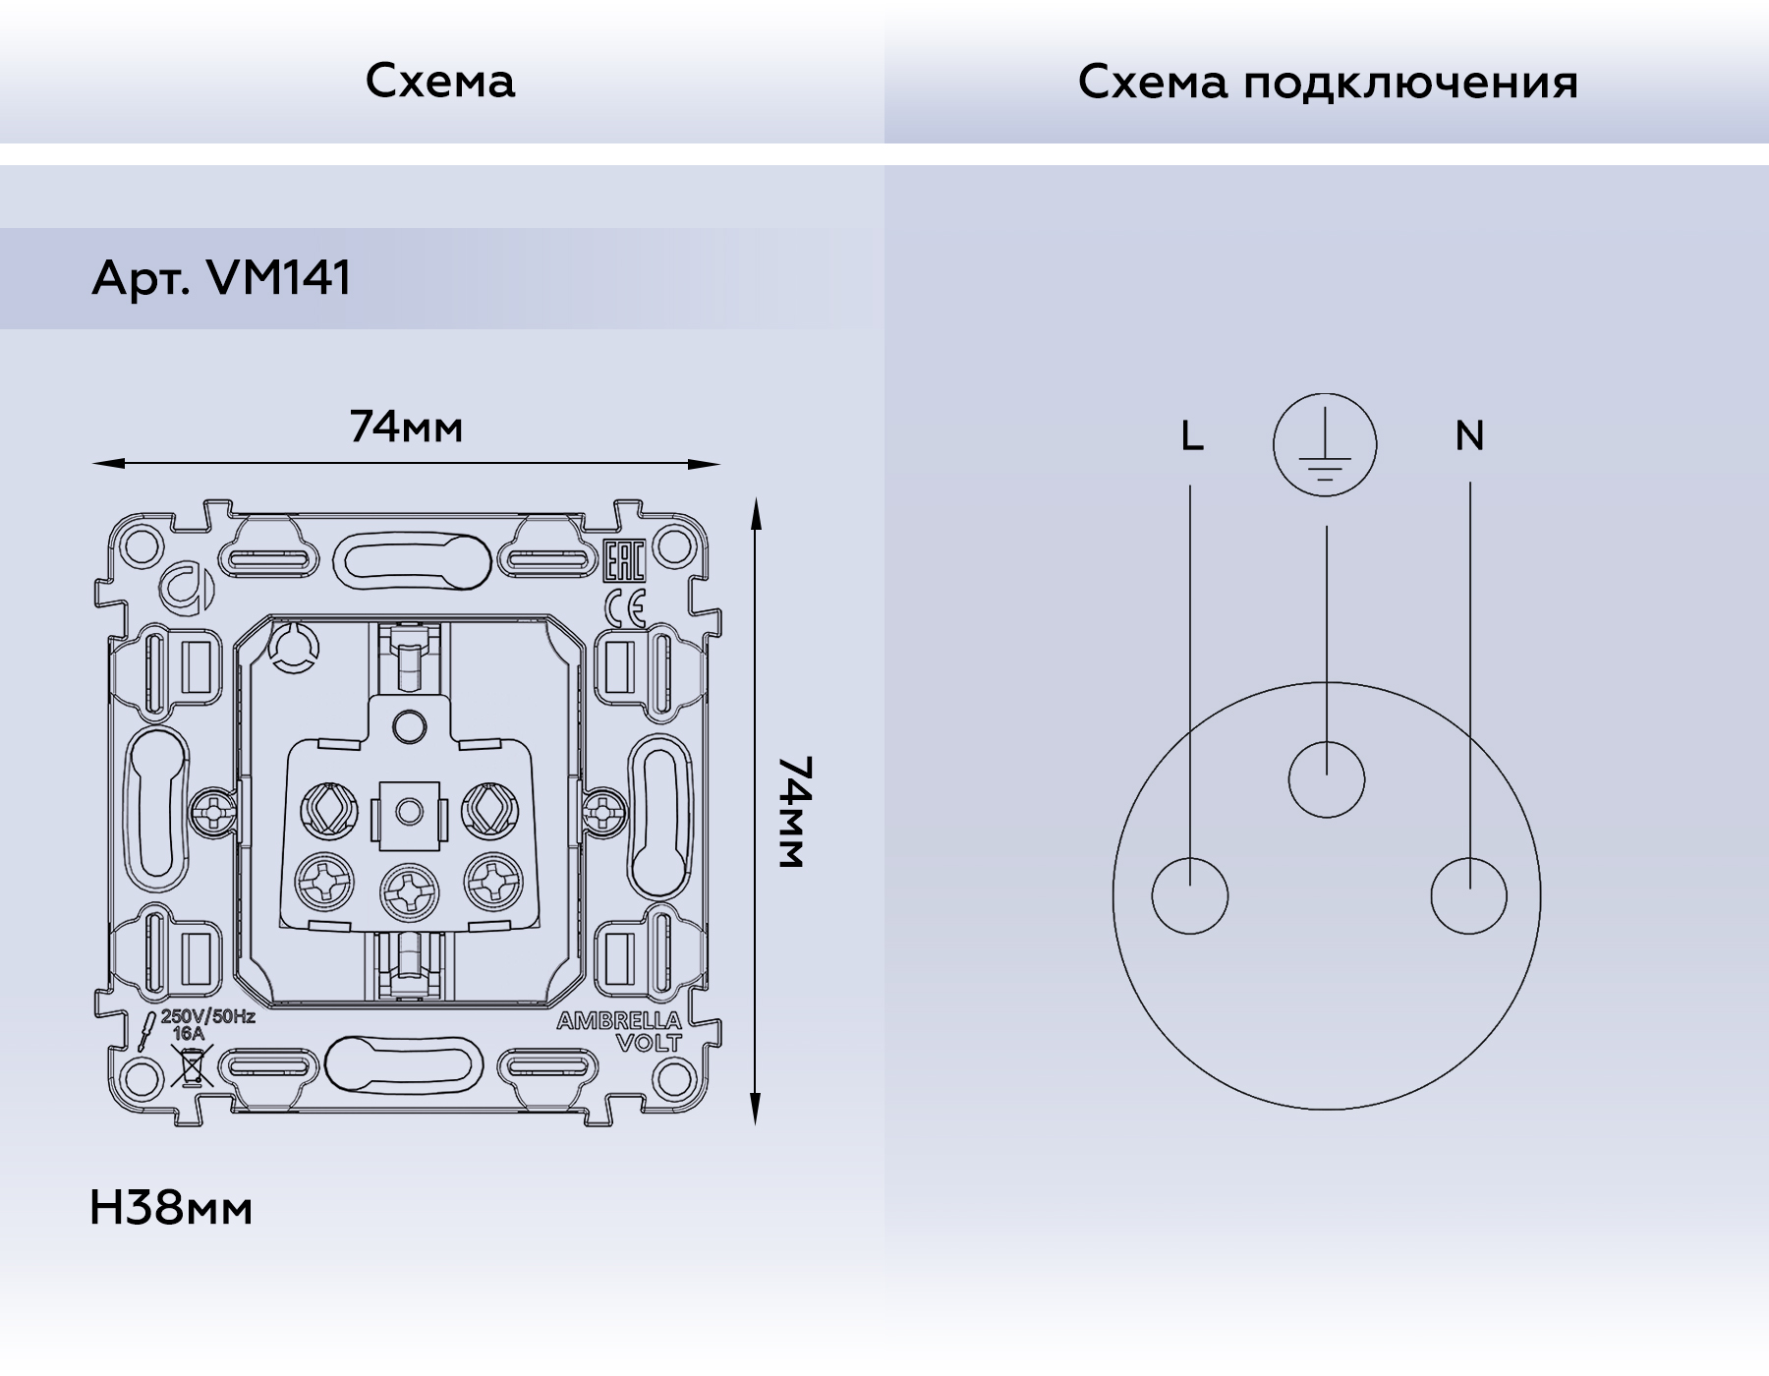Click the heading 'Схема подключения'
[x=1327, y=82]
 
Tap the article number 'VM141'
[x=279, y=278]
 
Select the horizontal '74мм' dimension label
[x=406, y=428]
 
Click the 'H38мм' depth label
[x=171, y=1209]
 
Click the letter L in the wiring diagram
[x=1192, y=435]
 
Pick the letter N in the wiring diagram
[x=1469, y=435]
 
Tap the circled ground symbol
[x=1325, y=444]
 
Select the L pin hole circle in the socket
[x=1190, y=895]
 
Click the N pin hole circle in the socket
[x=1469, y=895]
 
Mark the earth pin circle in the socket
[x=1327, y=779]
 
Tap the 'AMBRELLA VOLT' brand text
[x=619, y=1032]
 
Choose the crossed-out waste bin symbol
[x=192, y=1066]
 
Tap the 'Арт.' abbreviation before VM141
[x=140, y=279]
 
